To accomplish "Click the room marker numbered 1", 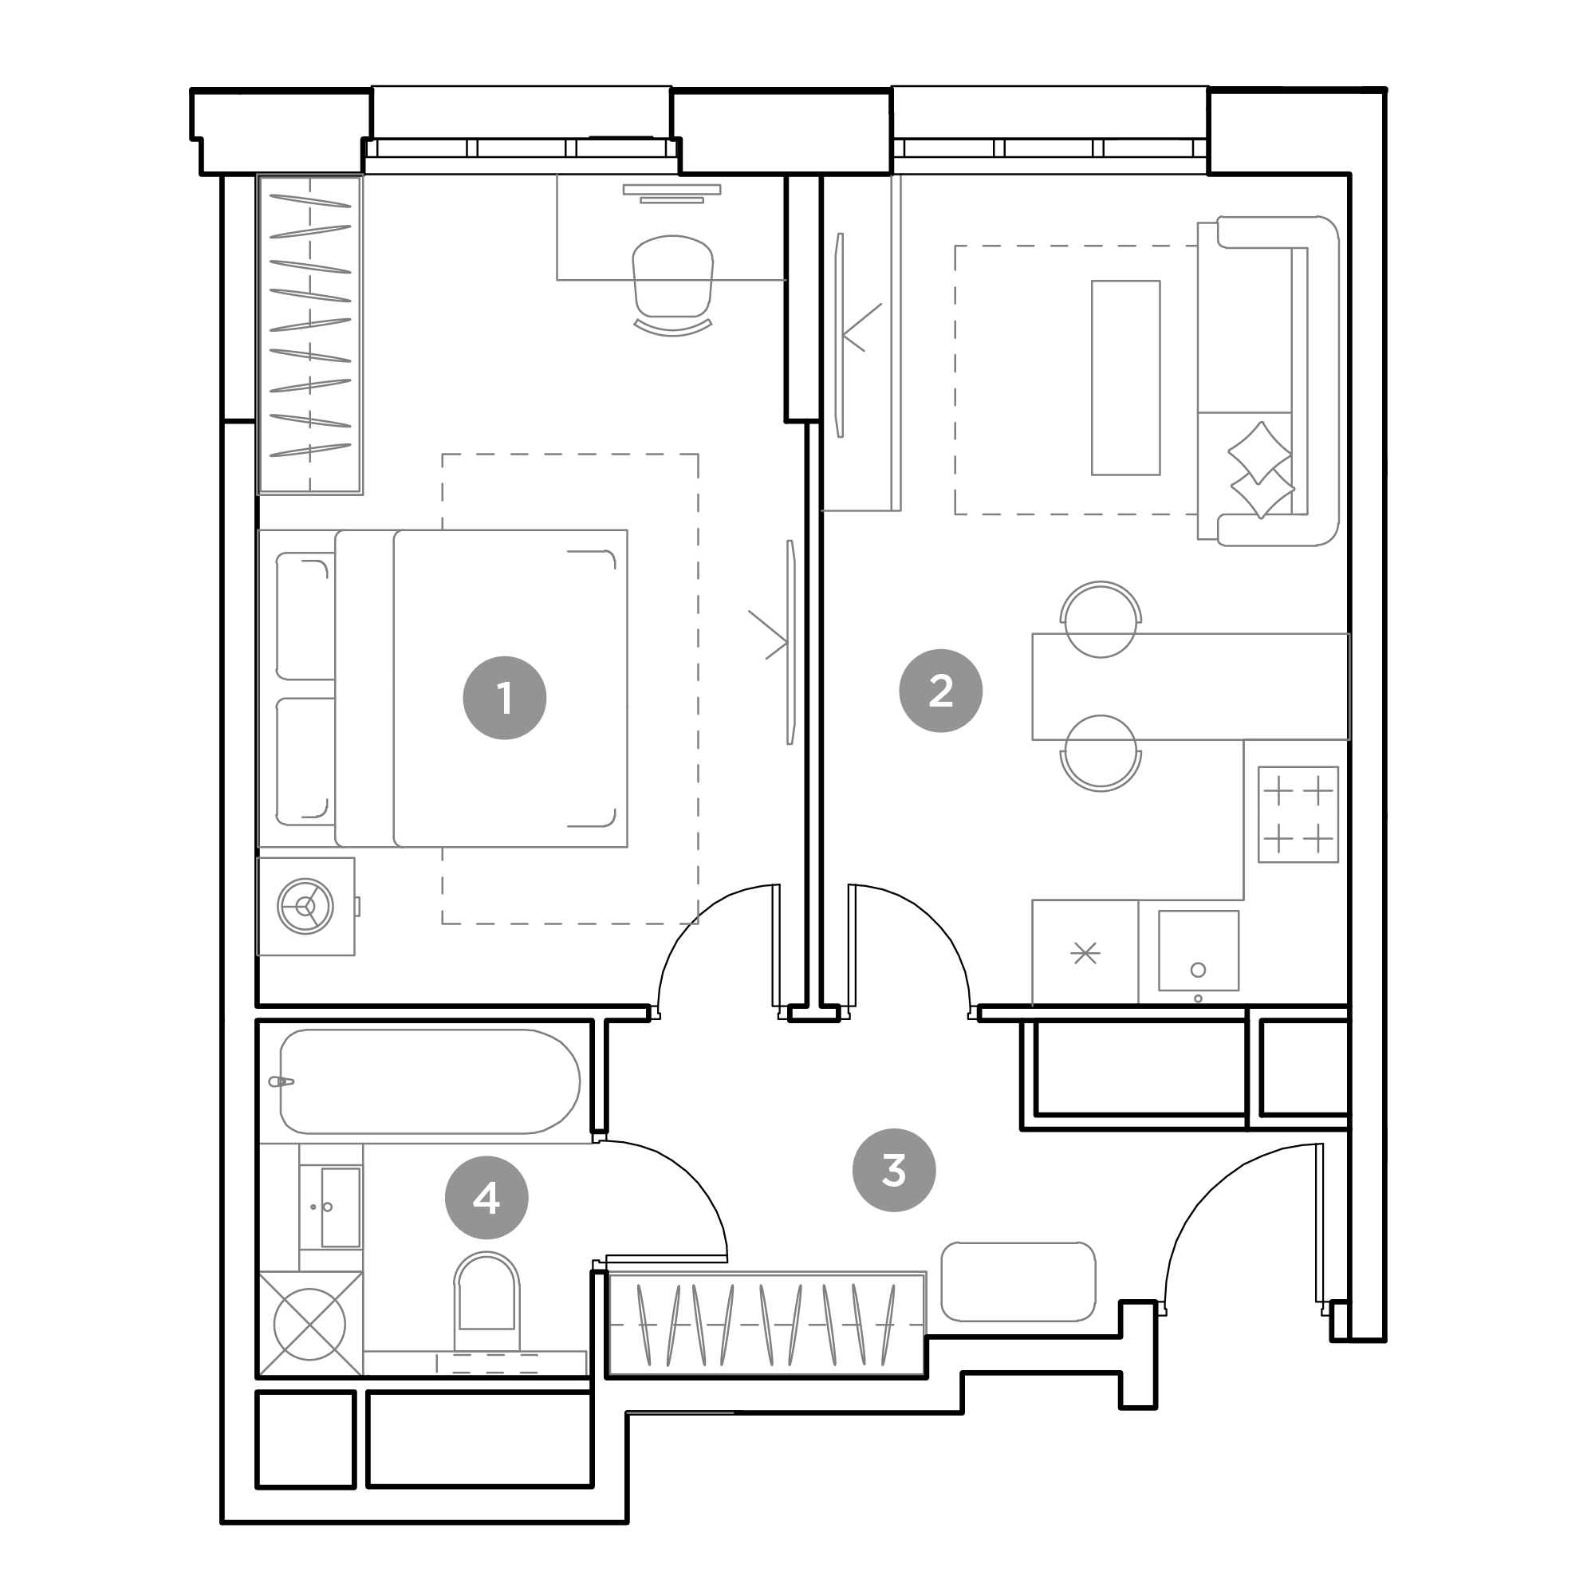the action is (x=505, y=698).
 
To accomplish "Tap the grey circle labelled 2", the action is (x=940, y=691).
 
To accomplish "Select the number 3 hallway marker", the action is (x=893, y=1170).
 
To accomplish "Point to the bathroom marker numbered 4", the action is (x=486, y=1198).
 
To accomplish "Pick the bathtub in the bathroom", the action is (x=429, y=1081).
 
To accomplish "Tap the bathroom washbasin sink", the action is (x=341, y=1207).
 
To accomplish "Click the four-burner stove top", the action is (x=1298, y=815).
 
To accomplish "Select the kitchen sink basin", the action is (x=1198, y=951).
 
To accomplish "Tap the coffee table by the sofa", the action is (x=1125, y=378).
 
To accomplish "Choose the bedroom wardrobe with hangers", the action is (x=310, y=335).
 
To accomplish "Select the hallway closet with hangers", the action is (x=766, y=1324).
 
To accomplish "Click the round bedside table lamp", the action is (x=305, y=907).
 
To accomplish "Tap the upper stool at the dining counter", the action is (x=1101, y=619).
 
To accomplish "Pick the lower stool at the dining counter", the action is (x=1101, y=754).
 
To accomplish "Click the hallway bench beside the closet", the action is (x=1018, y=1282).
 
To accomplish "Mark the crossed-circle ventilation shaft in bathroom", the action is (x=309, y=1325).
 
